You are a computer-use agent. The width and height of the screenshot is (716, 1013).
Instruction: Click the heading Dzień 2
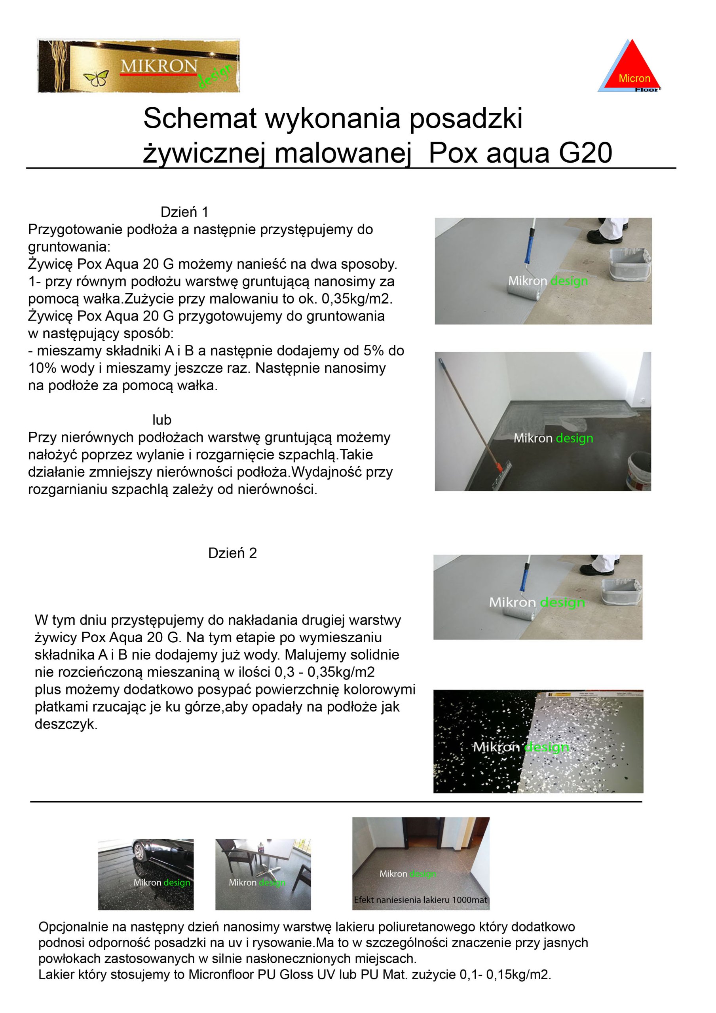(x=232, y=553)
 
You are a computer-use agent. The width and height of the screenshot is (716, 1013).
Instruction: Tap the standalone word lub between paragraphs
(x=161, y=419)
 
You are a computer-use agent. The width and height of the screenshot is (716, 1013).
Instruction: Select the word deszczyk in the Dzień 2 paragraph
(x=66, y=724)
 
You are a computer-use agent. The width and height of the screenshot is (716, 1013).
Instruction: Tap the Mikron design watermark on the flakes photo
(x=520, y=747)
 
